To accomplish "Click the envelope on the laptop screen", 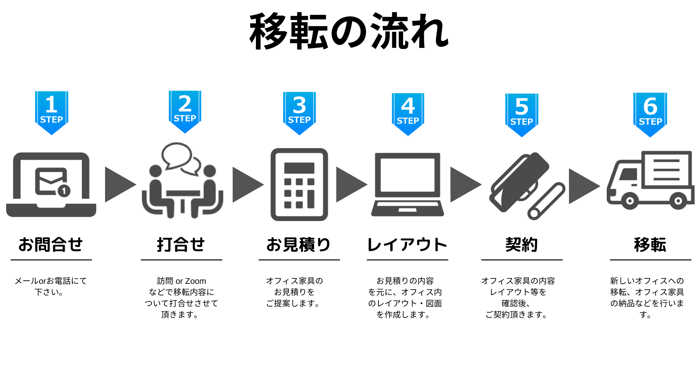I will [51, 180].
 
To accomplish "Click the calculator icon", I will [299, 184].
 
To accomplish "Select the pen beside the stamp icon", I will [546, 201].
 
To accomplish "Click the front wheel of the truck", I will [630, 201].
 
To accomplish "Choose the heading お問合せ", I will [51, 245].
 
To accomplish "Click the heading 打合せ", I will [181, 245].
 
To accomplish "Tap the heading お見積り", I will [298, 245].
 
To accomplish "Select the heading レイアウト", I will [407, 245].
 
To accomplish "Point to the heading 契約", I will [522, 245].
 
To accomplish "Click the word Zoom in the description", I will [196, 281].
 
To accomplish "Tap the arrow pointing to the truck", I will [583, 186].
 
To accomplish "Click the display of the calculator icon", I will [299, 168].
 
